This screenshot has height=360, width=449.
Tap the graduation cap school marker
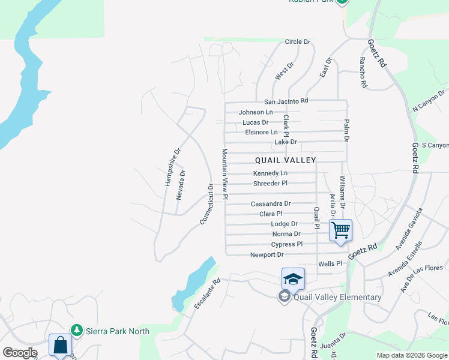coord(293,279)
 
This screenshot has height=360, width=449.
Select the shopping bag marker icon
coord(60,345)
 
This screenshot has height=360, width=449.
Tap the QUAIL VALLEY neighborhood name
coord(285,160)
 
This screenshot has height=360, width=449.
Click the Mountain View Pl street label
coord(224,174)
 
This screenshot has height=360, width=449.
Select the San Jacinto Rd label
coord(286,101)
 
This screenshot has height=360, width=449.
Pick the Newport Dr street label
coord(267,254)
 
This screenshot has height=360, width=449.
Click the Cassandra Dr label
coord(271,204)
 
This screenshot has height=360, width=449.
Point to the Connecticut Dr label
coord(206,205)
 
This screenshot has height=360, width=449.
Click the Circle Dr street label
coord(297,42)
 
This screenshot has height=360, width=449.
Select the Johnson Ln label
coord(255,112)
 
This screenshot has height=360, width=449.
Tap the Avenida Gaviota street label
coord(409,229)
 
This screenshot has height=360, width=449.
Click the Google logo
coord(20,353)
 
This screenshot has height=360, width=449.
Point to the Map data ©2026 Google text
coord(411,355)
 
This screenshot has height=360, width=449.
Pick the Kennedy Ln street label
coord(266,173)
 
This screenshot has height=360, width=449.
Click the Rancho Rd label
coord(363,73)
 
